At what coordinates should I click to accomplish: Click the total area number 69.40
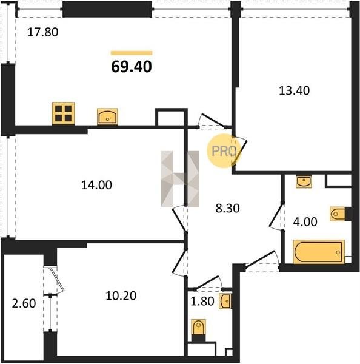click(132, 67)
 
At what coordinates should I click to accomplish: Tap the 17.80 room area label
click(42, 32)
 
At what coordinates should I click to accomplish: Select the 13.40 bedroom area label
click(294, 90)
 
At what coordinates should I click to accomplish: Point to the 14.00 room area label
click(96, 185)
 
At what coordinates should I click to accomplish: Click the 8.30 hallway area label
click(227, 208)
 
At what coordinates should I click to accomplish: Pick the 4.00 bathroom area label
click(305, 221)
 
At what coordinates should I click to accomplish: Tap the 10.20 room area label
click(121, 296)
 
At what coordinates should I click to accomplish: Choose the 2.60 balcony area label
click(24, 303)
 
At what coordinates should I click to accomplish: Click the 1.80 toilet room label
click(202, 302)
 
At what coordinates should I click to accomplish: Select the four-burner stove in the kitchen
click(63, 113)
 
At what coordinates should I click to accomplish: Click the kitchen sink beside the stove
click(107, 116)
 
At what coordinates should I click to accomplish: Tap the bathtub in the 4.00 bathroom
click(319, 252)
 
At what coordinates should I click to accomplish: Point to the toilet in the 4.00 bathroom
click(338, 214)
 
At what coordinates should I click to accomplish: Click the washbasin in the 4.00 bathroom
click(304, 181)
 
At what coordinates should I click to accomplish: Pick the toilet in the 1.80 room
click(199, 328)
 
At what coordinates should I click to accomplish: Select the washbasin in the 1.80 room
click(225, 302)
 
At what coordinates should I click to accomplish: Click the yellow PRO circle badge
click(224, 151)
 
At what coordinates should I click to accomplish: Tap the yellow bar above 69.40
click(132, 53)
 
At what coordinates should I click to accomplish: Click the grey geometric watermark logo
click(180, 179)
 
